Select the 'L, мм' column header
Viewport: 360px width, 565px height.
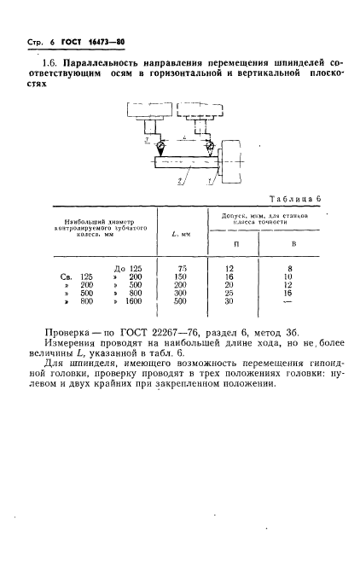(x=180, y=232)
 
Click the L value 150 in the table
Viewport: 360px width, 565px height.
(x=181, y=277)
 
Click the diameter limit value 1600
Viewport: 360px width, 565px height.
(x=131, y=301)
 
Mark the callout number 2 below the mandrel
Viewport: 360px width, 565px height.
(x=178, y=181)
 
